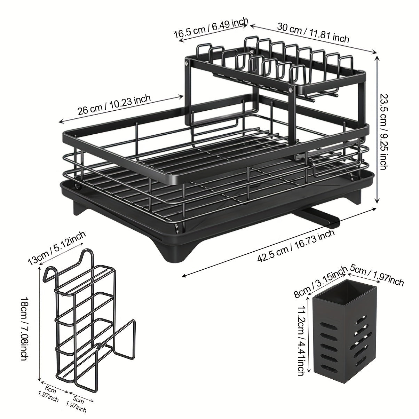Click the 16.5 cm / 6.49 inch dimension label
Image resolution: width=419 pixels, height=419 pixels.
(x=211, y=28)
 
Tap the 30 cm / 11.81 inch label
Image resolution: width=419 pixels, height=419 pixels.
(x=313, y=33)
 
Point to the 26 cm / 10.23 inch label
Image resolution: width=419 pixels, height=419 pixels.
(x=114, y=105)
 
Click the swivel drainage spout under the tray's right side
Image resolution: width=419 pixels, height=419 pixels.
(x=315, y=216)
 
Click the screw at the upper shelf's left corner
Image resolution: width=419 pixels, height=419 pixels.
(x=186, y=63)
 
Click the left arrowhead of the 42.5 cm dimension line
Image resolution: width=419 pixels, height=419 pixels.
(x=184, y=276)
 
